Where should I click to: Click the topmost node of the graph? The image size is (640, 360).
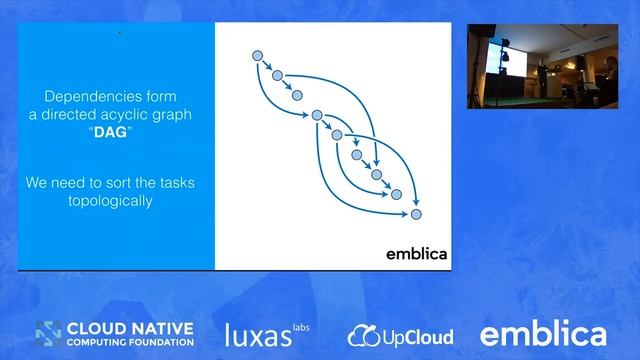257,54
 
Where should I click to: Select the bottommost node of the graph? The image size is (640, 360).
417,213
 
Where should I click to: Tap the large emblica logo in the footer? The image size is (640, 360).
543,333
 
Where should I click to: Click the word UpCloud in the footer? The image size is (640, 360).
415,336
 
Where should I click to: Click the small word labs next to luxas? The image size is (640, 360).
301,325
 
